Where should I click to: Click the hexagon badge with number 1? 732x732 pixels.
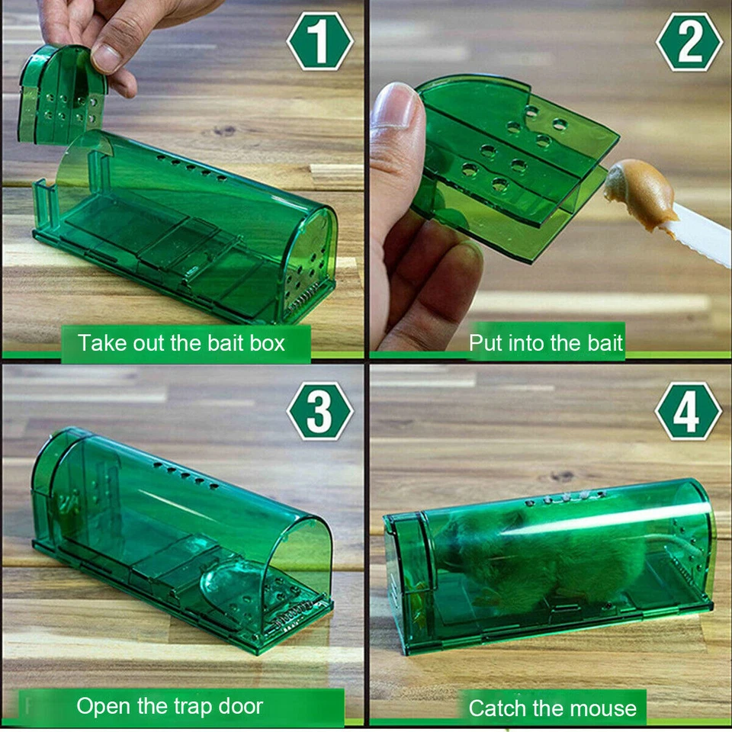[319, 41]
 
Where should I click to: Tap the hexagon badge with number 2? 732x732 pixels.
[689, 41]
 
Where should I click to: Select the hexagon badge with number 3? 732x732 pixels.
[319, 411]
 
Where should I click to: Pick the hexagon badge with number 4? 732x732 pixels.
[688, 411]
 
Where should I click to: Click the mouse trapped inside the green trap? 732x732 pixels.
[549, 557]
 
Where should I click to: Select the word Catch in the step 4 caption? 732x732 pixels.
[496, 708]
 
